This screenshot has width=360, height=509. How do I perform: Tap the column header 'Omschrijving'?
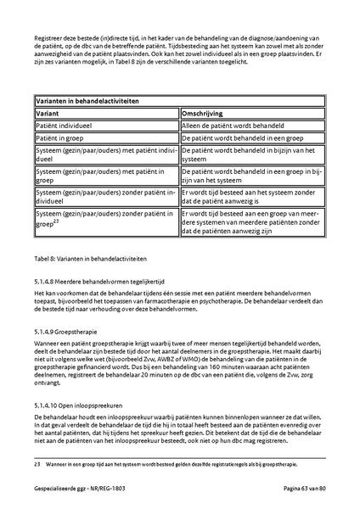(205, 112)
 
